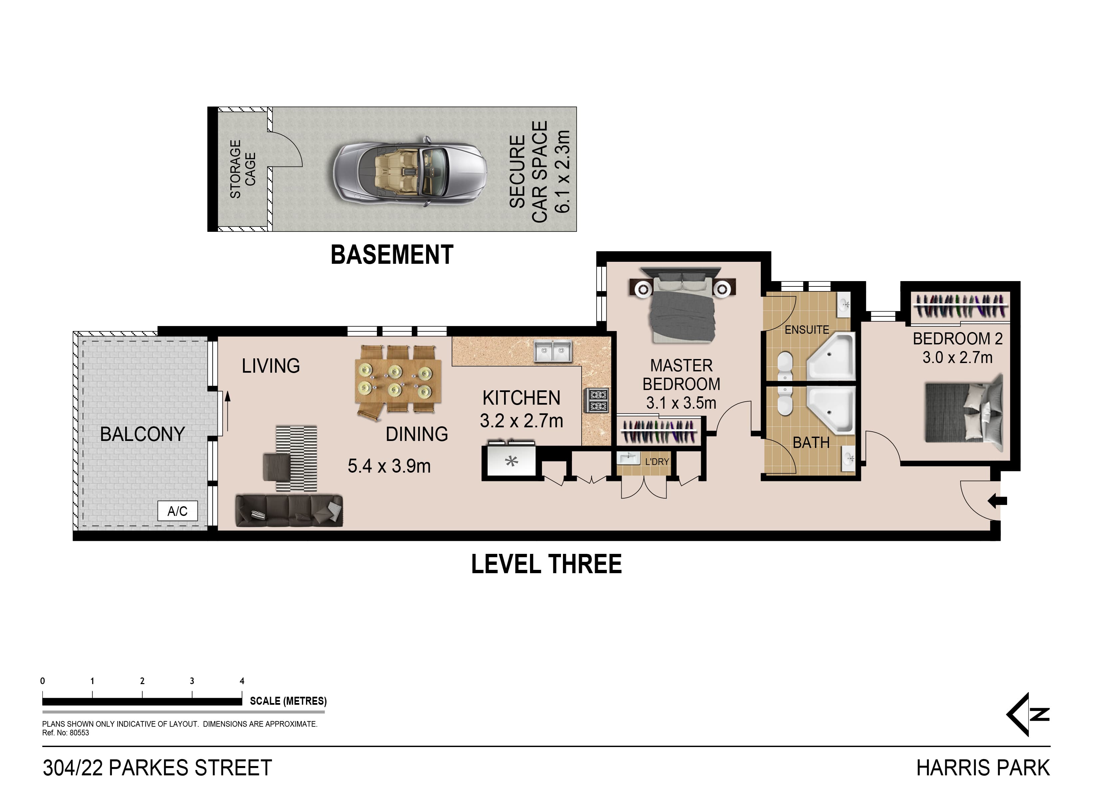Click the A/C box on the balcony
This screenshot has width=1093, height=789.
[x=177, y=511]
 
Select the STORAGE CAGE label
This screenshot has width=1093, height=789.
[x=242, y=169]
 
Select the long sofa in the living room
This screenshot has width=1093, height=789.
[x=289, y=511]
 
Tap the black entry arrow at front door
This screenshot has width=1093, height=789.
[x=997, y=501]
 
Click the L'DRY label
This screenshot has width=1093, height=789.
[x=657, y=462]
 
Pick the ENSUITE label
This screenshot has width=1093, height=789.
[x=807, y=330]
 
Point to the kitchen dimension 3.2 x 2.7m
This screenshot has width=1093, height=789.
[x=521, y=421]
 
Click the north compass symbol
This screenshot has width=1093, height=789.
[x=1028, y=714]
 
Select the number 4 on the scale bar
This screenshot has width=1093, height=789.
[x=242, y=681]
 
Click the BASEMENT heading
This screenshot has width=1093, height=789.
[x=392, y=255]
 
